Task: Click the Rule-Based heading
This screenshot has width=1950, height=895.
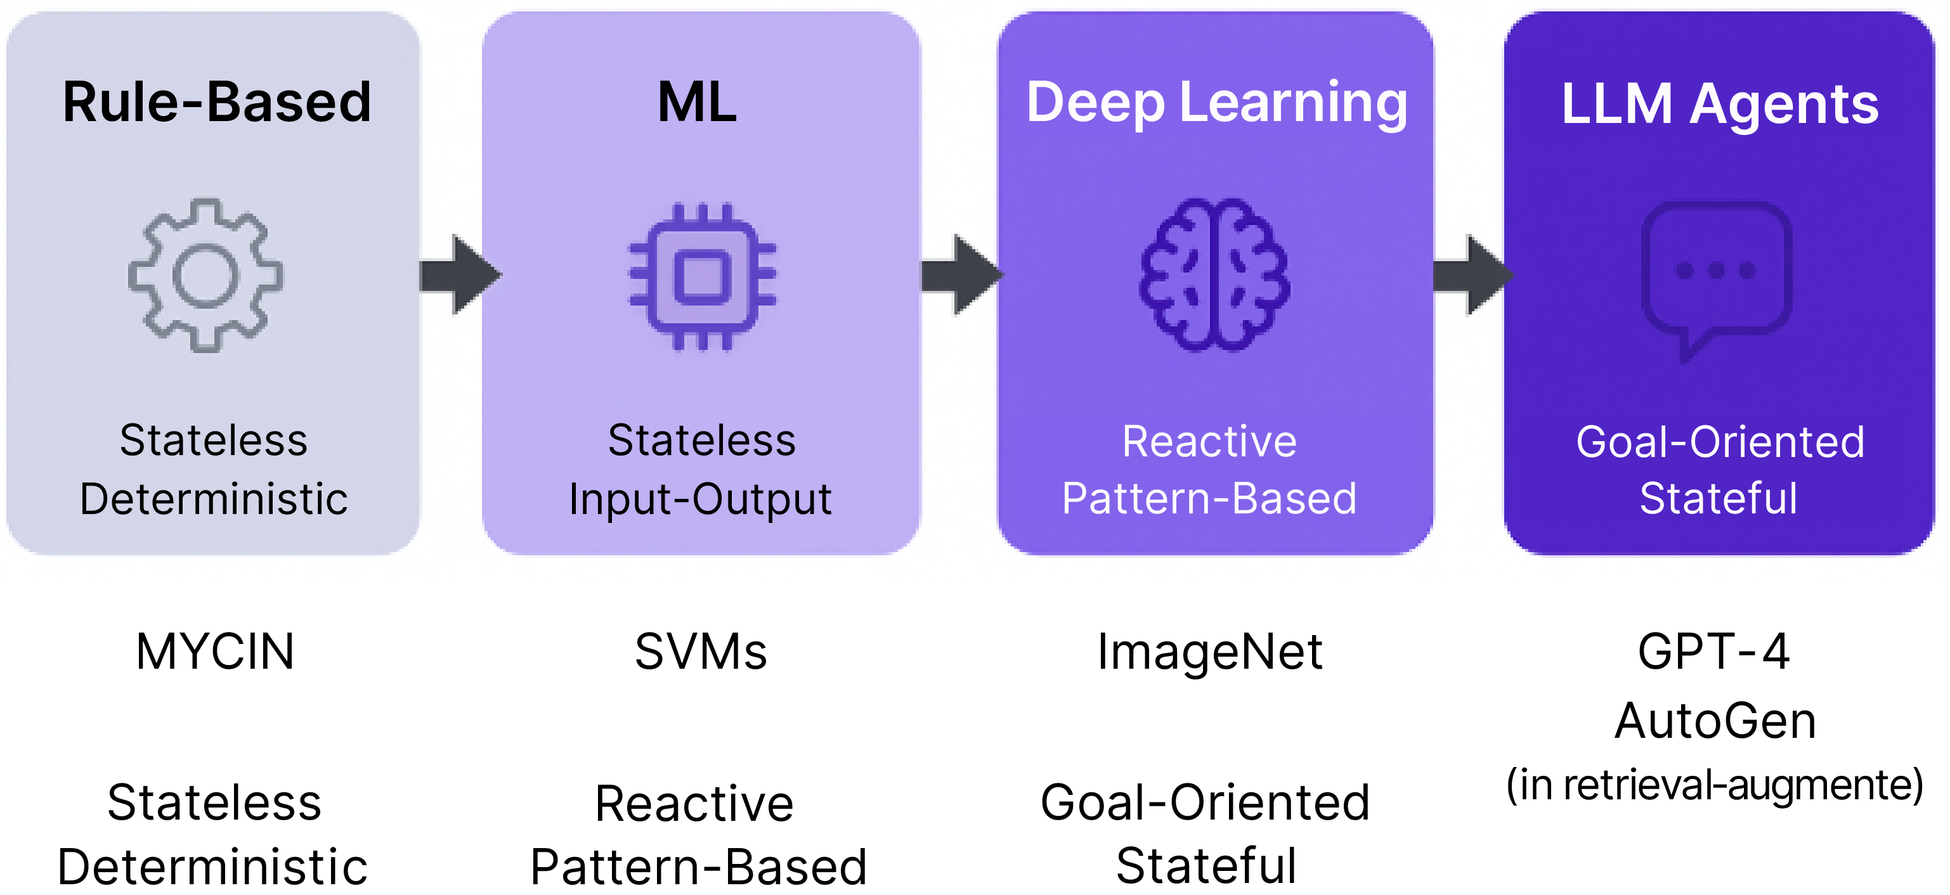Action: coord(216,102)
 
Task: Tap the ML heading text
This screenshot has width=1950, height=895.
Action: coord(697,102)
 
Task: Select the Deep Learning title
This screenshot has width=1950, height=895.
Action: coord(1216,104)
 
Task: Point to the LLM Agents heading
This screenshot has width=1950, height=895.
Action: coord(1720,104)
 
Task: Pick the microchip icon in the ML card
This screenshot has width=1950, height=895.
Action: coord(703,277)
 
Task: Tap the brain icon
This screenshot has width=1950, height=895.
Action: coord(1215,274)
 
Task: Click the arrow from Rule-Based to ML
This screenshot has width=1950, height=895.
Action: coord(460,274)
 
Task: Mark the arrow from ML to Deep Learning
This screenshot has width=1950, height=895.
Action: coord(962,274)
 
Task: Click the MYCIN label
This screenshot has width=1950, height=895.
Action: coord(215,652)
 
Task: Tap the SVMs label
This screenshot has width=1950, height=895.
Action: coord(701,652)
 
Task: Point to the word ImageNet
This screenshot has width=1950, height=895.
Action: coord(1210,652)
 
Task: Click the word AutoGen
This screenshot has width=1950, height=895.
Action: coord(1715,720)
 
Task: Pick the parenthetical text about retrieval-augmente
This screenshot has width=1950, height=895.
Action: coord(1715,785)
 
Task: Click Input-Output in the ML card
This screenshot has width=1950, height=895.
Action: coord(700,499)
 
